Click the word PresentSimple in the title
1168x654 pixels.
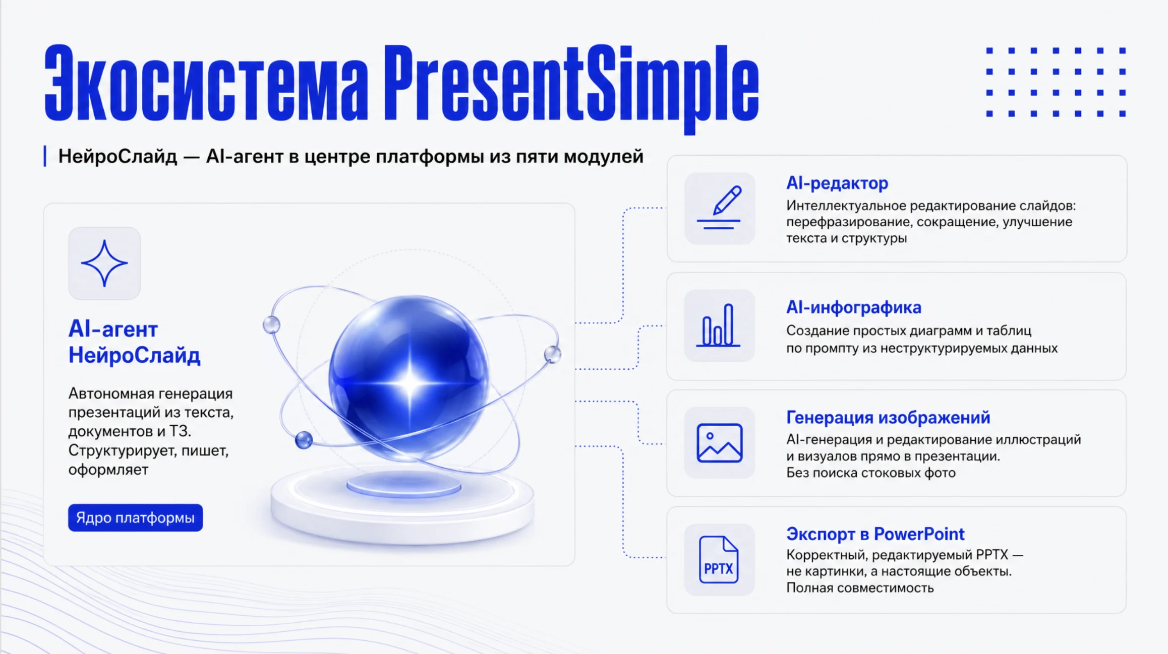[x=571, y=88]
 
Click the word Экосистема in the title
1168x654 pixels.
[x=206, y=84]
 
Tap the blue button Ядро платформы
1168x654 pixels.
[x=135, y=517]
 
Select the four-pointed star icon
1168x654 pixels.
[x=104, y=263]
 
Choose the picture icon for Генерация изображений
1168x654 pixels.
[x=719, y=443]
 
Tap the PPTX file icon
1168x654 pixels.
[x=719, y=560]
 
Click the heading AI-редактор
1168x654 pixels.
[x=837, y=183]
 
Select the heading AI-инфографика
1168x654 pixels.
[x=854, y=307]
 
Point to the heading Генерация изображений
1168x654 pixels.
[x=888, y=417]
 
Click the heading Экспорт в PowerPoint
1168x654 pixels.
[x=875, y=534]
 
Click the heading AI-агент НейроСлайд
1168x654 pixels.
[x=134, y=342]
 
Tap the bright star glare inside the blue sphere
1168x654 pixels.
[x=410, y=382]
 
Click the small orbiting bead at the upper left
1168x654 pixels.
[x=271, y=324]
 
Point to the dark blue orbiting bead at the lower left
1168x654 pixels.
[x=304, y=440]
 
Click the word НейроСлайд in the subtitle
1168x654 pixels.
[x=118, y=156]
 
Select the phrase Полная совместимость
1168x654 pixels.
[x=860, y=587]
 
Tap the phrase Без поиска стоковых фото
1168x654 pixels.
[x=871, y=473]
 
